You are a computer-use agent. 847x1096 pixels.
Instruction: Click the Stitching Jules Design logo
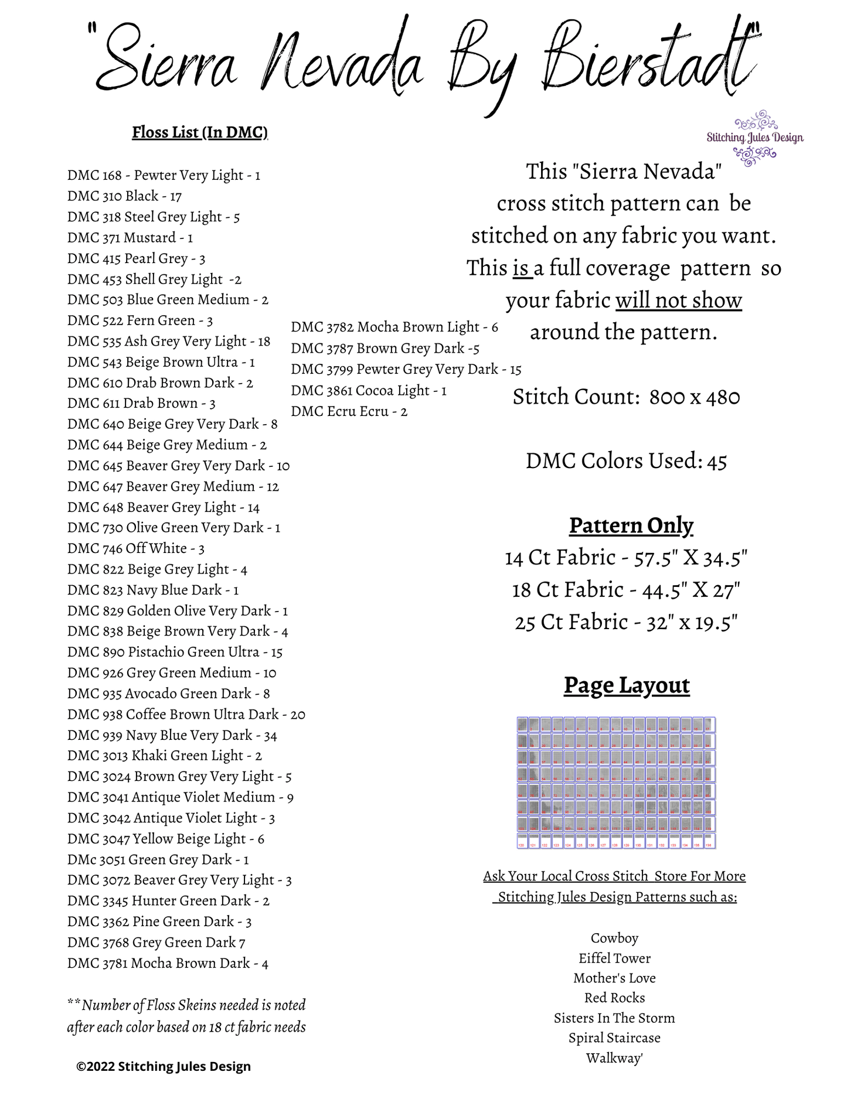click(755, 138)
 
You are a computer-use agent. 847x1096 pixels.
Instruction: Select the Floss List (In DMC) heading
click(200, 132)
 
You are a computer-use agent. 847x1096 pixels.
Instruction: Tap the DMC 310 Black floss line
click(124, 196)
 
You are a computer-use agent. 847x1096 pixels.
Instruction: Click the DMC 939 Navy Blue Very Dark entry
click(172, 735)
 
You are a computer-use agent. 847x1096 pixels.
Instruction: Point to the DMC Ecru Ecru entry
click(349, 411)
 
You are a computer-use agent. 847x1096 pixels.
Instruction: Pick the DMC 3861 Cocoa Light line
click(369, 390)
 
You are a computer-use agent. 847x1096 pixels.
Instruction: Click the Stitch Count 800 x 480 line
click(626, 397)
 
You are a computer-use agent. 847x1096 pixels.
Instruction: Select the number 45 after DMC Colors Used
click(717, 462)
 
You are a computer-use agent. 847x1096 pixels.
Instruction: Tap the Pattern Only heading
click(631, 525)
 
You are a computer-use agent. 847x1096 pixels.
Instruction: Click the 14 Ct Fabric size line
click(626, 558)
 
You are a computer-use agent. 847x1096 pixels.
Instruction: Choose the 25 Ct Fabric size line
click(626, 622)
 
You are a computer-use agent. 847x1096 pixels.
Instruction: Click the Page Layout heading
click(627, 685)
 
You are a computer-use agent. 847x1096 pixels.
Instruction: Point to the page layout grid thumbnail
click(616, 783)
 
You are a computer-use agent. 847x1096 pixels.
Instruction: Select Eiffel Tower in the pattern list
click(614, 958)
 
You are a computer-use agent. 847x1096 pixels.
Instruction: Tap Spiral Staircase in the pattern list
click(614, 1038)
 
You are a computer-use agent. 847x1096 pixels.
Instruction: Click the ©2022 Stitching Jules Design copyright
click(164, 1067)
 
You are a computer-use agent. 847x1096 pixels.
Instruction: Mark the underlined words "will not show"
click(678, 301)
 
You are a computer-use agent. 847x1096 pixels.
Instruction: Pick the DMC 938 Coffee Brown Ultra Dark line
click(186, 715)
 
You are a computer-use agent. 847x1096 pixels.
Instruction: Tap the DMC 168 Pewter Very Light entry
click(164, 175)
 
